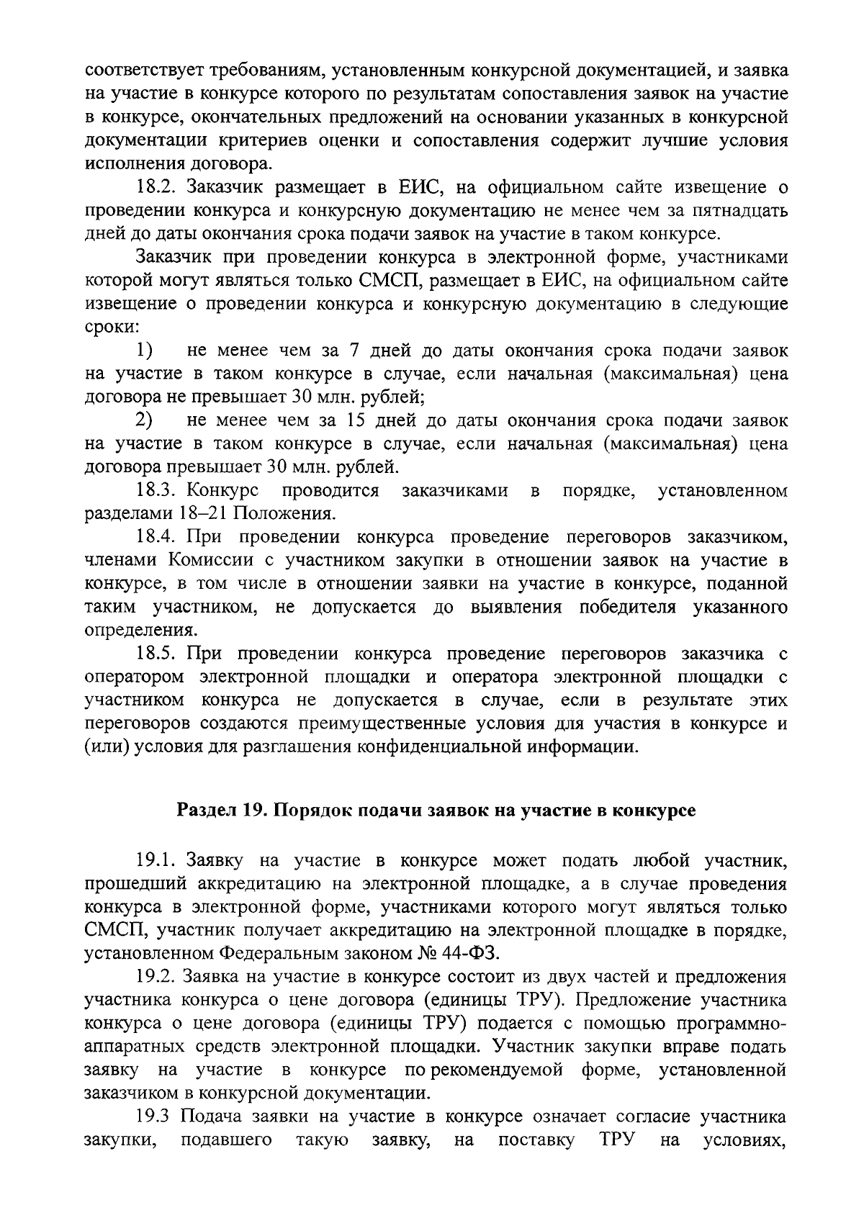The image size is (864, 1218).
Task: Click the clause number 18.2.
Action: (x=158, y=188)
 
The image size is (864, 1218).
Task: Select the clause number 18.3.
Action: (x=158, y=491)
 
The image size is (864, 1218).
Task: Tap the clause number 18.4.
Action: (x=158, y=537)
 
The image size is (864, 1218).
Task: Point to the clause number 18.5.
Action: (x=158, y=654)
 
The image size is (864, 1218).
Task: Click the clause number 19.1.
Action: (x=158, y=860)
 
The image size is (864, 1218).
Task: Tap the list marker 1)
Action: (x=145, y=351)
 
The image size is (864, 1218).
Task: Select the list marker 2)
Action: (x=145, y=421)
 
